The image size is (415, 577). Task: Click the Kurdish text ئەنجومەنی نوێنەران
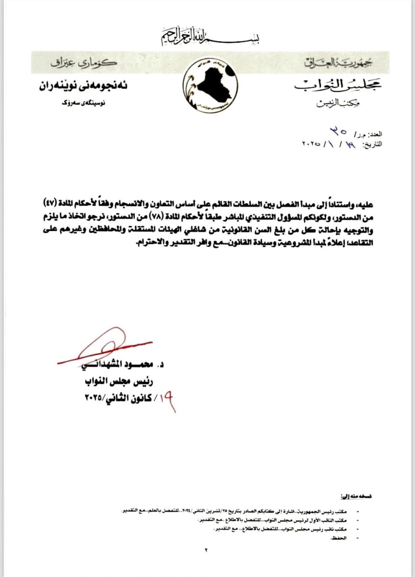click(x=83, y=87)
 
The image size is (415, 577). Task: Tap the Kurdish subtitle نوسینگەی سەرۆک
click(x=83, y=103)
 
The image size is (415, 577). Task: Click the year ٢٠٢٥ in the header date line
click(x=311, y=144)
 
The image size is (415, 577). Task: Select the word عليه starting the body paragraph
click(x=364, y=205)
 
